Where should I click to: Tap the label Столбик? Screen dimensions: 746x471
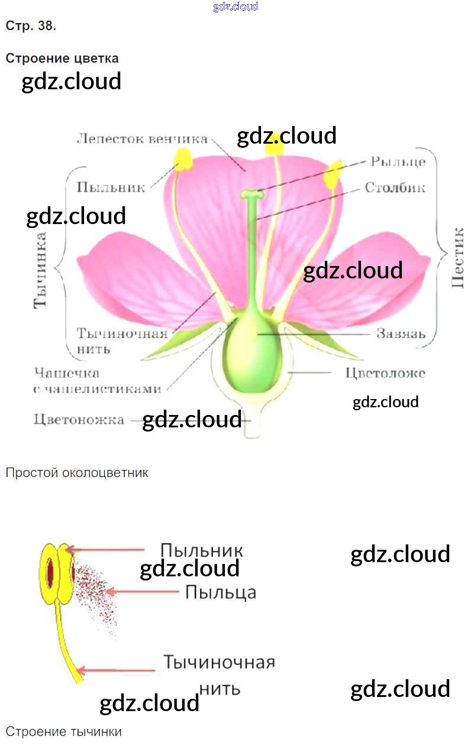pos(395,188)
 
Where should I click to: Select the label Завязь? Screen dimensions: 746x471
pos(401,333)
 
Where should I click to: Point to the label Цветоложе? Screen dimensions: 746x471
pos(385,373)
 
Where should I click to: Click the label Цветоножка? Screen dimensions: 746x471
pos(79,420)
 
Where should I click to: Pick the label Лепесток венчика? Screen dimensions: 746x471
pos(142,139)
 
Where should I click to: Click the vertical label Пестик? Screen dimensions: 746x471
pos(457,257)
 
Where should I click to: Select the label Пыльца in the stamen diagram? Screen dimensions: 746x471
pos(220,591)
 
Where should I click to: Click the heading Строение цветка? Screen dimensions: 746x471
pos(62,59)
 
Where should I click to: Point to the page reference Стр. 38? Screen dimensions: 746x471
pos(31,26)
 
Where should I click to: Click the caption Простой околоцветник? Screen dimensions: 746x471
pos(77,473)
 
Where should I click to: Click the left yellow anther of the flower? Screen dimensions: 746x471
pos(182,158)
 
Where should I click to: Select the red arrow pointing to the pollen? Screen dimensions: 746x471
pos(142,591)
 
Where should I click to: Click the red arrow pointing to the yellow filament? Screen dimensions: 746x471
pos(116,670)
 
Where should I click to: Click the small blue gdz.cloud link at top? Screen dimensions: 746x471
pos(236,7)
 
